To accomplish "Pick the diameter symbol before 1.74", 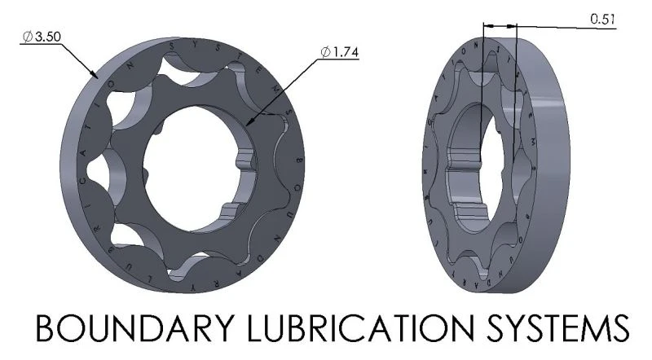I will [x=325, y=52].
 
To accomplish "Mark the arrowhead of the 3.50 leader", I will [x=97, y=77].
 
